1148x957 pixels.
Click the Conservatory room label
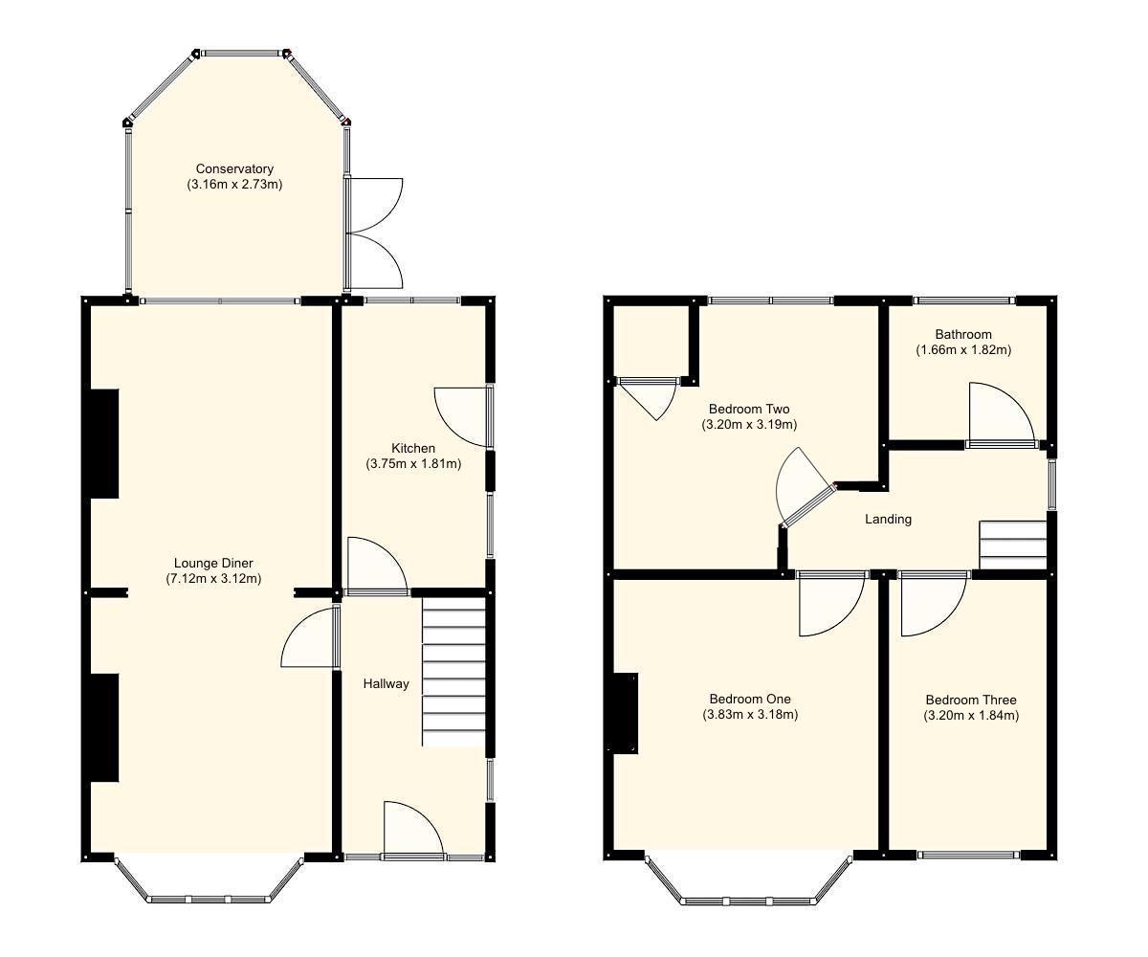click(234, 169)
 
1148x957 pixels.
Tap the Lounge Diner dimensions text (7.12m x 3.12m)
click(213, 578)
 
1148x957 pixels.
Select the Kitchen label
click(413, 448)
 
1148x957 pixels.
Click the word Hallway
click(386, 683)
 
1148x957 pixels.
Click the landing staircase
click(1012, 545)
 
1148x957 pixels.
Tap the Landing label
click(888, 519)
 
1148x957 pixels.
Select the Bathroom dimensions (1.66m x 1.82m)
click(963, 350)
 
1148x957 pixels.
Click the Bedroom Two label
click(749, 409)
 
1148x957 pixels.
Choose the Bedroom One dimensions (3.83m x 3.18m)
click(750, 714)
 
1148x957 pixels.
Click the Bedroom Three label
click(971, 700)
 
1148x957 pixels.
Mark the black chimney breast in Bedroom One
click(626, 713)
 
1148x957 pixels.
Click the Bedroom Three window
click(968, 855)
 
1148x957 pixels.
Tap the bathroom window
click(964, 300)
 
